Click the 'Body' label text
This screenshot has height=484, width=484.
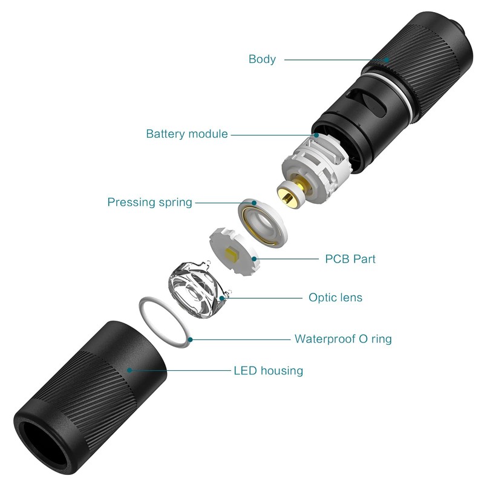[x=262, y=59]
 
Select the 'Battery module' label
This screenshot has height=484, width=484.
[x=187, y=134]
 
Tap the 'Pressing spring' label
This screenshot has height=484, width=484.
[x=149, y=202]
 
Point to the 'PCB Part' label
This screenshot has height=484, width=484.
[x=350, y=259]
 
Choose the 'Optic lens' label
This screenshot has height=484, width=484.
[x=335, y=298]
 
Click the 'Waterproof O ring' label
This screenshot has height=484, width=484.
[x=343, y=339]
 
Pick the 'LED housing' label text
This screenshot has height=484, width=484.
[x=268, y=370]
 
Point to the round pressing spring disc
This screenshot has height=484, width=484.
[x=263, y=223]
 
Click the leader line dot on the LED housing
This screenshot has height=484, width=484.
[x=129, y=370]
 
